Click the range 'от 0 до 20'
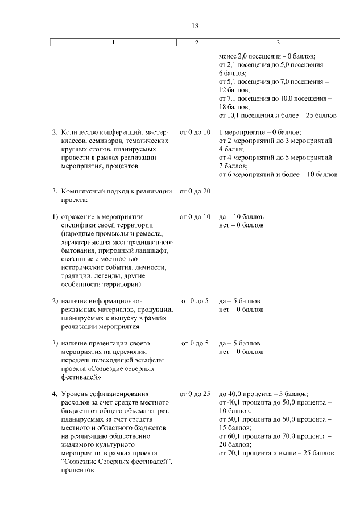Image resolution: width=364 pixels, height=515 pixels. (x=195, y=191)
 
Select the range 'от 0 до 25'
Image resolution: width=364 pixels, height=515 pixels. (x=195, y=394)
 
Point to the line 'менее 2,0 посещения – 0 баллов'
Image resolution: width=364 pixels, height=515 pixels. (x=267, y=57)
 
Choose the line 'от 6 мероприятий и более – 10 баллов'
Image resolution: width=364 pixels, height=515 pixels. (x=278, y=174)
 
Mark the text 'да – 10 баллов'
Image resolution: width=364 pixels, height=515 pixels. (x=241, y=217)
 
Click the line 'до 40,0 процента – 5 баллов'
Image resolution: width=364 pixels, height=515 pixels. (x=263, y=394)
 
